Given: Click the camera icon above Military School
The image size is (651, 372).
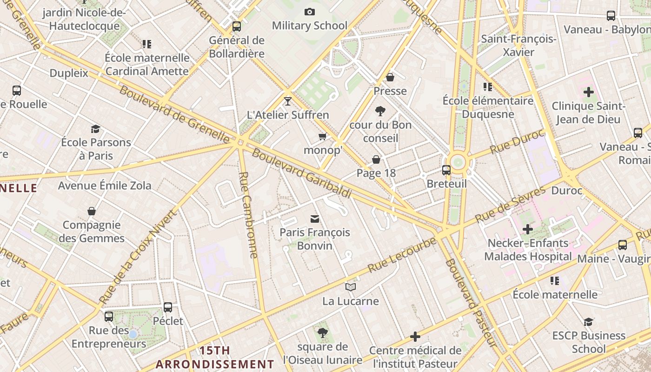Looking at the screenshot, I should point(309,12).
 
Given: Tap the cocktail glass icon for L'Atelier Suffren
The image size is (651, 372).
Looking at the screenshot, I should point(288,101).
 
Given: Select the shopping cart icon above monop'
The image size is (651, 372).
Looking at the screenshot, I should point(322,136).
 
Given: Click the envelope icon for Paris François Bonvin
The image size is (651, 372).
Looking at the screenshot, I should point(315,219).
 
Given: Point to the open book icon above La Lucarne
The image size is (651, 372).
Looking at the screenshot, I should point(351,287).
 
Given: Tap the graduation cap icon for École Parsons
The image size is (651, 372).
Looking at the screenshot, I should point(95,129).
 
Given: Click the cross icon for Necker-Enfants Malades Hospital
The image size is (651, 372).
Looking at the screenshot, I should point(527,229).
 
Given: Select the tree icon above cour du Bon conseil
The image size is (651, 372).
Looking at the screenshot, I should point(380,111).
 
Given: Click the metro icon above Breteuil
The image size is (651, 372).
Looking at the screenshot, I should point(446,170).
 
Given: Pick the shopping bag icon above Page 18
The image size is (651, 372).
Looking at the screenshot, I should point(376,160).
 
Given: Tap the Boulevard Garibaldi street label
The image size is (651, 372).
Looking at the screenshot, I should point(301,173).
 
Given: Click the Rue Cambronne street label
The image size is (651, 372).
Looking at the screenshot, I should point(248,215).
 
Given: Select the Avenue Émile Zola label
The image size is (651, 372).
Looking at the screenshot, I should point(105,186).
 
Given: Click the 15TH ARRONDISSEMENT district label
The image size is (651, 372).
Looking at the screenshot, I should point(215,357).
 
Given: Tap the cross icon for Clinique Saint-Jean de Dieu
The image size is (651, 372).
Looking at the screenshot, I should point(588,92).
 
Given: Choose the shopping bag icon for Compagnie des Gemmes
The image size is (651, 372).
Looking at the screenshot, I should point(92,212).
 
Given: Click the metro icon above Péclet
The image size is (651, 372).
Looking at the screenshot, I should point(168,307).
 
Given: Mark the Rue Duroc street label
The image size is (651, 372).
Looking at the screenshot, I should point(517,142).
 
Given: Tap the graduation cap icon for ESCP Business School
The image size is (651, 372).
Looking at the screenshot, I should point(588,322).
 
